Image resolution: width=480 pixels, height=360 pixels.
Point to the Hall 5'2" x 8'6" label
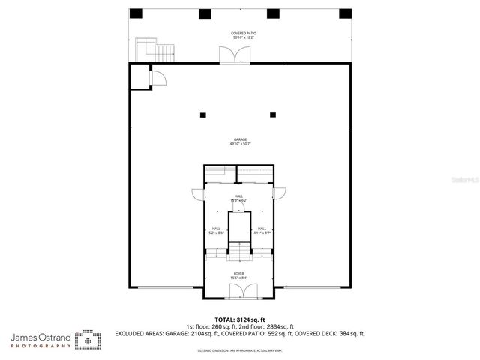tap(216, 231)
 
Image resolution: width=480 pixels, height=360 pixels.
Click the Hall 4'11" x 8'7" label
tap(262, 231)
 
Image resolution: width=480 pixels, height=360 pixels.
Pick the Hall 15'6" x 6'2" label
tap(238, 199)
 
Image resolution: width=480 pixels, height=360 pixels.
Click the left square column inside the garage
tap(202, 115)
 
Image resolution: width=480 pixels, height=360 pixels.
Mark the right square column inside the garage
tap(273, 115)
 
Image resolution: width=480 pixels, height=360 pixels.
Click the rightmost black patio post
tap(345, 13)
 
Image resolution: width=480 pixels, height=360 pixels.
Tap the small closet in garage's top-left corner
tap(140, 76)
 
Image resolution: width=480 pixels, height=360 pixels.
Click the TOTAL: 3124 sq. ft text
tap(239, 319)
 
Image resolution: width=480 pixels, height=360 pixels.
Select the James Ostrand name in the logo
tap(41, 338)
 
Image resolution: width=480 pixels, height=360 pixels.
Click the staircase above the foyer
tap(239, 250)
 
